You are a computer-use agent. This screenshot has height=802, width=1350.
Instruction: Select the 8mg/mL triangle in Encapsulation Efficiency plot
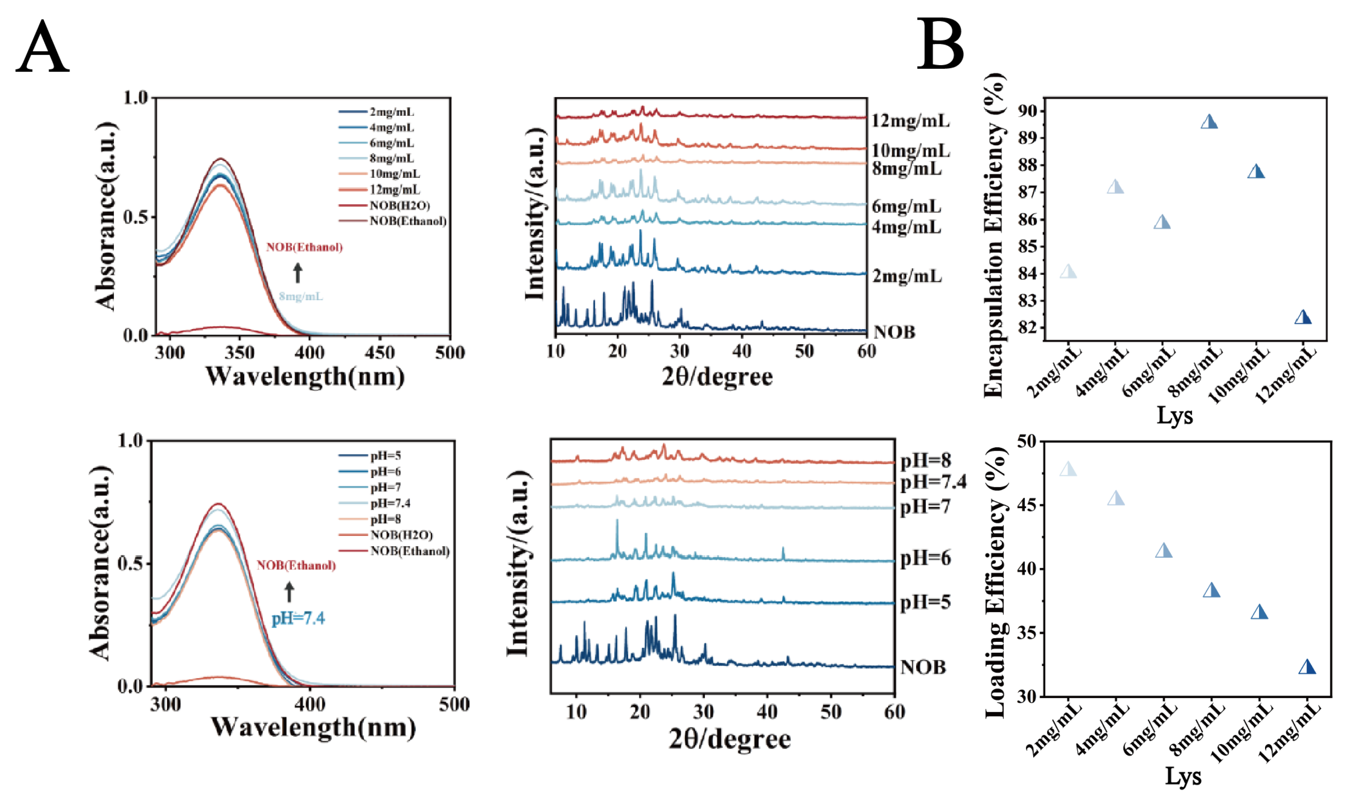pyautogui.click(x=1209, y=122)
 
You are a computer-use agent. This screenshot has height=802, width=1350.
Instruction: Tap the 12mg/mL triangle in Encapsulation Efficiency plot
pyautogui.click(x=1303, y=318)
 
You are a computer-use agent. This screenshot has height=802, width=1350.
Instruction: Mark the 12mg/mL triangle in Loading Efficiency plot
pyautogui.click(x=1307, y=668)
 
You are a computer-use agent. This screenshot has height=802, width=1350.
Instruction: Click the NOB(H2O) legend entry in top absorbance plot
pyautogui.click(x=399, y=205)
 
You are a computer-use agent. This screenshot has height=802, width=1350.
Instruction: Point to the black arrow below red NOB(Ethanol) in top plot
pyautogui.click(x=298, y=273)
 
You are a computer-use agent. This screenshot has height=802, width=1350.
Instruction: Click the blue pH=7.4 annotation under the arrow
pyautogui.click(x=298, y=618)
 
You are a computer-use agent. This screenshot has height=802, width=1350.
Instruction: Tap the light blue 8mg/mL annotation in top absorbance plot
pyautogui.click(x=301, y=296)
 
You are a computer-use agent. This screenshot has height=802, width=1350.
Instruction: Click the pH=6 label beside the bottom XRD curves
pyautogui.click(x=925, y=558)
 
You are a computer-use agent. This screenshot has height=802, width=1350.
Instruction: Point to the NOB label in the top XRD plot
pyautogui.click(x=894, y=332)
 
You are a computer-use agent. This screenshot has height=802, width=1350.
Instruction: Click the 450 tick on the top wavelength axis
pyautogui.click(x=380, y=353)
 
